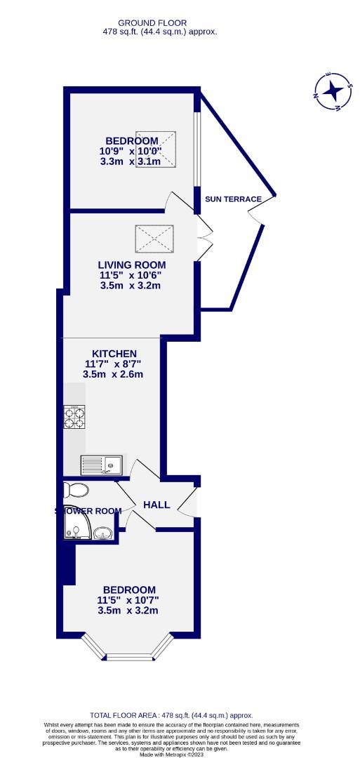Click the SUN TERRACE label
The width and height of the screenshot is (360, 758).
pos(233,199)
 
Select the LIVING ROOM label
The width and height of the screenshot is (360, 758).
pos(130,265)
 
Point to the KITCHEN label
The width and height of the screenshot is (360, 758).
pos(114,353)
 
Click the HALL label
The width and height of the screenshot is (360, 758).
pos(156,504)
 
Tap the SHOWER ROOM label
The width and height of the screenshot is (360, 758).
pos(88,511)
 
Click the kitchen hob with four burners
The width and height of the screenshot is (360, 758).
pos(74,418)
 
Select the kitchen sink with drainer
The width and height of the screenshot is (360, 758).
pos(101,465)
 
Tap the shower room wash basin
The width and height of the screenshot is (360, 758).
pos(105,536)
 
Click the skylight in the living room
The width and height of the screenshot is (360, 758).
pos(152,238)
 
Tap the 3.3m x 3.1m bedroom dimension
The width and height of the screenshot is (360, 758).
pos(131,161)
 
